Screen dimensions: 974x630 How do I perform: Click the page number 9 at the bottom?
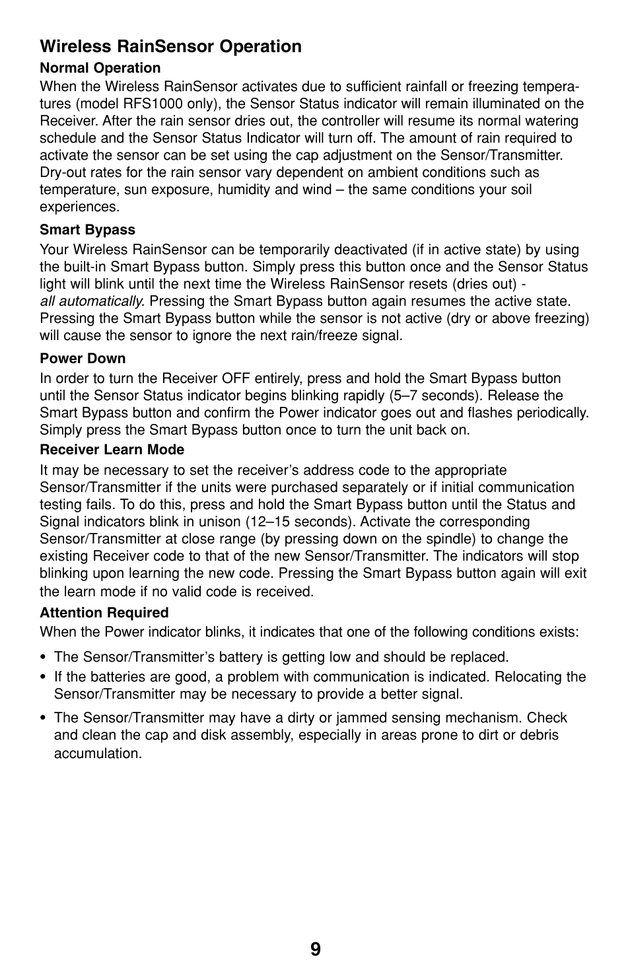315,949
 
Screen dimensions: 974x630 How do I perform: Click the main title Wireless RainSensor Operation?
170,46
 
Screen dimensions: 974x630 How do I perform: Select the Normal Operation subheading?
100,68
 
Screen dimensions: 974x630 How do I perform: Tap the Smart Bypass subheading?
87,230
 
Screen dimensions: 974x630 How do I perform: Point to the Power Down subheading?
83,359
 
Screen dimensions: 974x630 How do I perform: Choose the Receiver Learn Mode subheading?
112,450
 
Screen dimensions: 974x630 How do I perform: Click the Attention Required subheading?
104,613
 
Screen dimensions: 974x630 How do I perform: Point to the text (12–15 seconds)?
301,522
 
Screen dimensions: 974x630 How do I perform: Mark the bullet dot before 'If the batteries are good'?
43,678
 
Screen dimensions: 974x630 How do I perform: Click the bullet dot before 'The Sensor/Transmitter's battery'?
43,658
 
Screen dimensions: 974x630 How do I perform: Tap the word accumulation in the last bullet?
98,753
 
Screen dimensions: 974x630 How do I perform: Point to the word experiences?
79,207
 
